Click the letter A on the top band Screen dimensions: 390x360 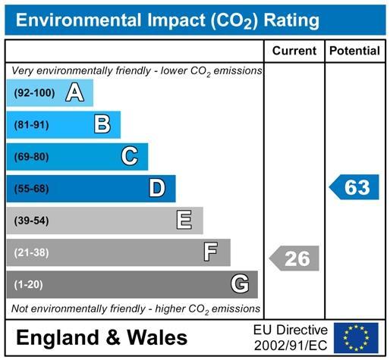74,92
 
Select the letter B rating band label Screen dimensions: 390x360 102,124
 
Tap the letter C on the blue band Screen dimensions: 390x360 130,156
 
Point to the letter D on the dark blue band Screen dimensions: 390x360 157,188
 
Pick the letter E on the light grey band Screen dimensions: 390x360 184,220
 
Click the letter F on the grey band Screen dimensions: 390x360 210,252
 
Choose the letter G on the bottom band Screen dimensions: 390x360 240,284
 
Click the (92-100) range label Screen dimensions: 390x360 34,93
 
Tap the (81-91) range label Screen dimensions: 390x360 32,125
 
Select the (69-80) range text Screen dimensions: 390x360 32,157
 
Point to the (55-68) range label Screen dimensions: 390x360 32,189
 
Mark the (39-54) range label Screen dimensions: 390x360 32,221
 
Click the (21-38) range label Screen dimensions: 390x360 32,252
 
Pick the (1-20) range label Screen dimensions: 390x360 29,285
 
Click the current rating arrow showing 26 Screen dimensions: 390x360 294,258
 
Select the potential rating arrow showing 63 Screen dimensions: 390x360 354,187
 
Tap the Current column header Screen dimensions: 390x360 294,51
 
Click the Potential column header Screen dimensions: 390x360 354,51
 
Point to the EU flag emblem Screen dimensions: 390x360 356,338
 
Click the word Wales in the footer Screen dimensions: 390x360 157,337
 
